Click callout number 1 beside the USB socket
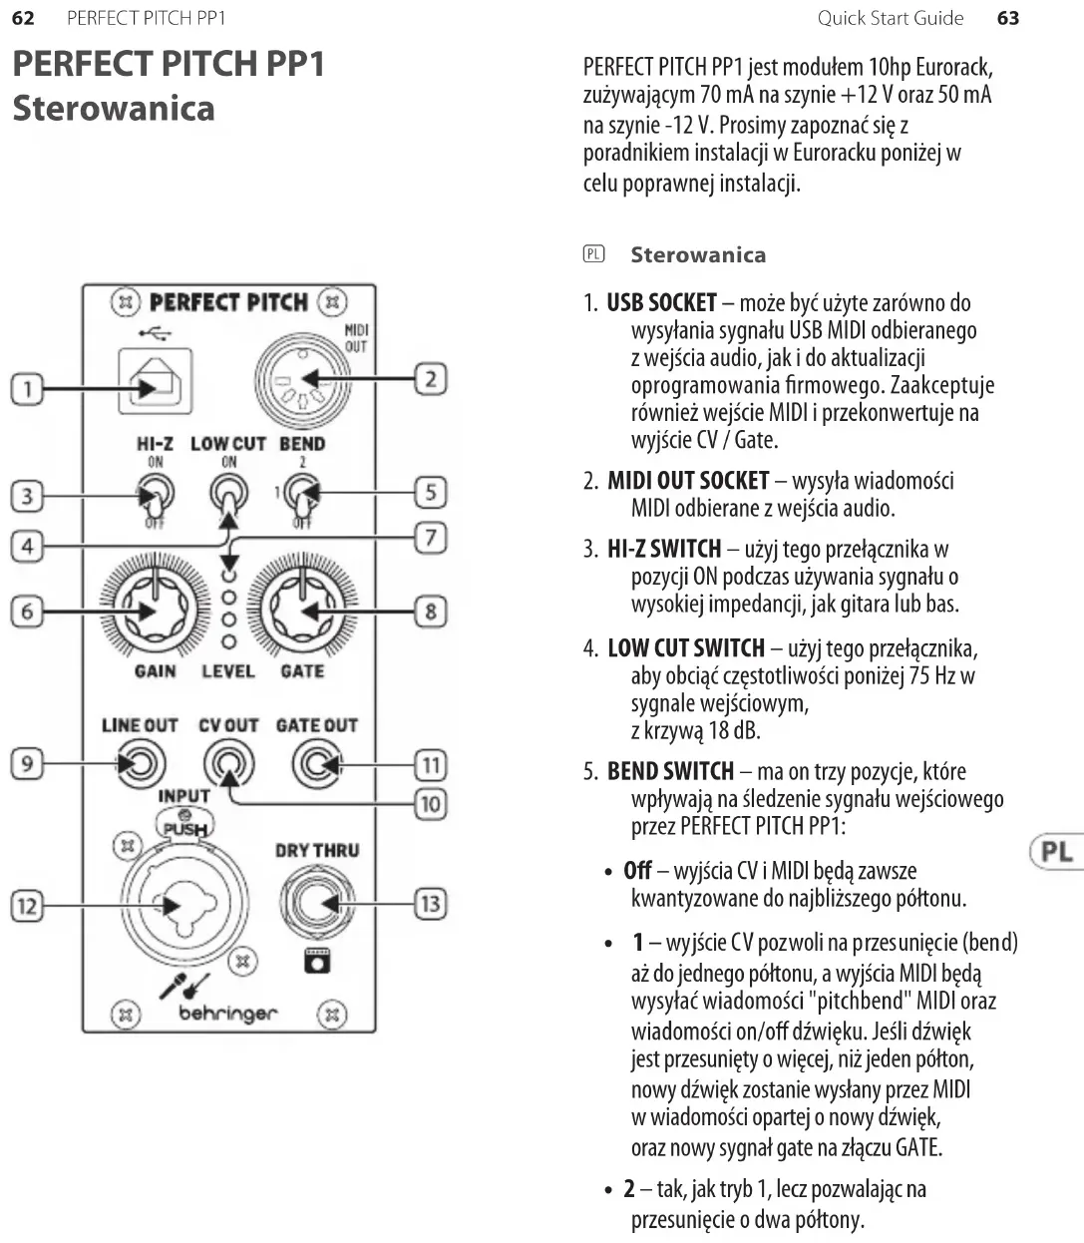tap(27, 388)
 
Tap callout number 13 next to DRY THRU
tap(430, 904)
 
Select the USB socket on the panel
tap(155, 381)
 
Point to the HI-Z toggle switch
tap(156, 493)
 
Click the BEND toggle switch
tap(301, 492)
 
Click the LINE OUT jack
tap(139, 765)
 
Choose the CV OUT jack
tap(228, 765)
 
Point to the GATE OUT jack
tap(316, 765)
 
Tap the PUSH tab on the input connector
tap(185, 827)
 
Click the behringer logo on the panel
tap(228, 1014)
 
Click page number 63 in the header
tap(1008, 18)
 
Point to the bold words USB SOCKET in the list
tap(661, 303)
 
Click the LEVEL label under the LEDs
tap(228, 671)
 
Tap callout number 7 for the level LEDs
tap(430, 538)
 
